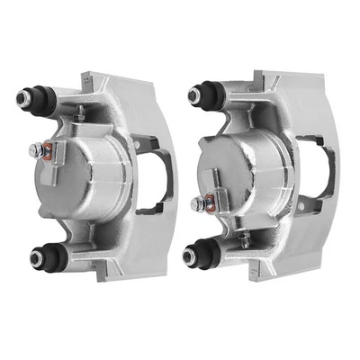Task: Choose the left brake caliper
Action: [x=99, y=175]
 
